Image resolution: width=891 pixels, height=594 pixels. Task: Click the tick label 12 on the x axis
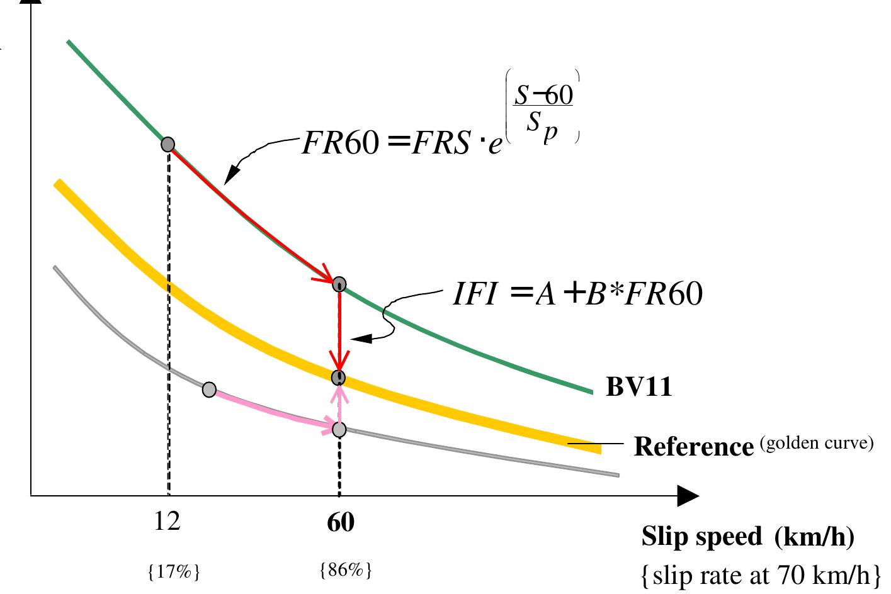(x=167, y=522)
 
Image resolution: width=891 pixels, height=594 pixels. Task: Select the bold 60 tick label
(x=340, y=523)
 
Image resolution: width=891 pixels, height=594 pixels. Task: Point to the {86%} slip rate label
(x=346, y=571)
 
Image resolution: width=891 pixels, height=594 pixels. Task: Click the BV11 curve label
(x=638, y=387)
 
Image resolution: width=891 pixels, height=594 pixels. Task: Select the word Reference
(x=693, y=447)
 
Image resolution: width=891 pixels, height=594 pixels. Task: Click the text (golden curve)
(x=817, y=444)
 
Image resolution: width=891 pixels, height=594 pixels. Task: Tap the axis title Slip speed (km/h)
(x=747, y=537)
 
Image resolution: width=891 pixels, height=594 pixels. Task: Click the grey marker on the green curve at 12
(x=167, y=145)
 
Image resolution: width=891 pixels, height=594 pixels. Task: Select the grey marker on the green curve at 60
(x=339, y=284)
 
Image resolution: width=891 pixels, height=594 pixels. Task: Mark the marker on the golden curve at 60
(x=339, y=378)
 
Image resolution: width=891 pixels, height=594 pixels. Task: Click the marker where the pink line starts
(x=210, y=389)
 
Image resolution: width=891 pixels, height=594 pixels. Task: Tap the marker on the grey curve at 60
(x=339, y=430)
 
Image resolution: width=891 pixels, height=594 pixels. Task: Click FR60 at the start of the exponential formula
(x=339, y=144)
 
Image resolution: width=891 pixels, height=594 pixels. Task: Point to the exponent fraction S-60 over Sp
(x=542, y=107)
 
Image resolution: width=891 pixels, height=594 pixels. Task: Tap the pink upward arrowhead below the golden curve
(x=339, y=391)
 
